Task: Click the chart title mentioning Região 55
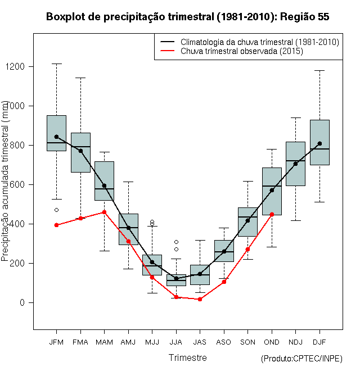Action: tap(187, 17)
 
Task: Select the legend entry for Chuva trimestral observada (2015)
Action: tap(242, 51)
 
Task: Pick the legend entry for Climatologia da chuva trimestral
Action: tap(259, 42)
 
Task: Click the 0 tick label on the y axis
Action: tap(23, 302)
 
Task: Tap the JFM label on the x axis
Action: tap(56, 342)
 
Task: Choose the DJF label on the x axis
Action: tap(319, 342)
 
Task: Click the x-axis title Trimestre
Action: tap(187, 358)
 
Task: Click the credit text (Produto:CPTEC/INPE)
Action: tap(301, 359)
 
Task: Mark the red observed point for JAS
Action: tap(200, 299)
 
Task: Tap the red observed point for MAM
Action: tap(104, 212)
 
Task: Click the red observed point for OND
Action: tap(272, 214)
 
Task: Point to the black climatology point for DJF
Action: tap(319, 143)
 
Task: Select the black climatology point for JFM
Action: tap(56, 137)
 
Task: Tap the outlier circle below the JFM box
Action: tap(56, 210)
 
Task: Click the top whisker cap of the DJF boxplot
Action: tap(319, 70)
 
